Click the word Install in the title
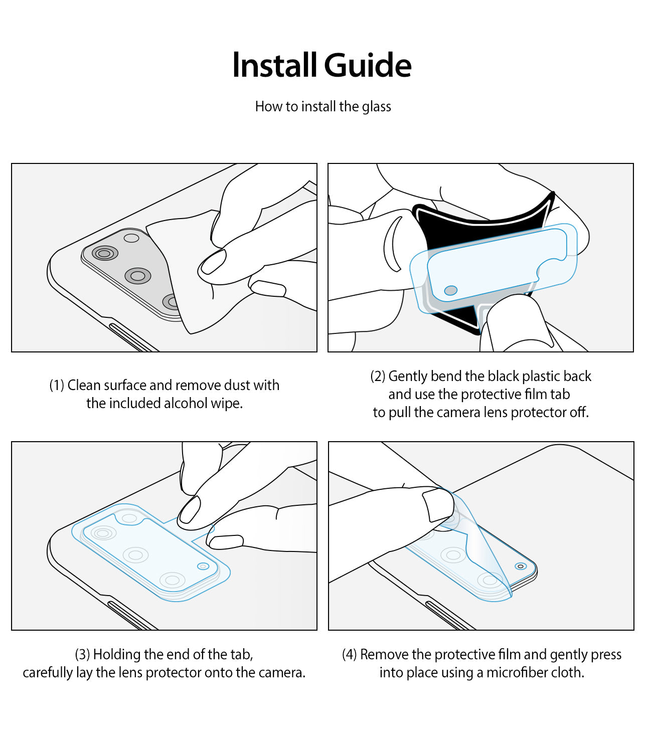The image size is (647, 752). click(275, 66)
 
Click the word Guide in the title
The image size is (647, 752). click(368, 66)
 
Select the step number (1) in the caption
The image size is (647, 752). click(57, 386)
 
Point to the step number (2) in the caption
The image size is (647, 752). click(378, 377)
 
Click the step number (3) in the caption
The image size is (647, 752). click(82, 655)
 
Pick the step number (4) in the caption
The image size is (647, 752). click(349, 655)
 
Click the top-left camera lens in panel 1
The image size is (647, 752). click(104, 253)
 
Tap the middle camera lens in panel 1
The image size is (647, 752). click(138, 275)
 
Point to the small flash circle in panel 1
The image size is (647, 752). click(131, 238)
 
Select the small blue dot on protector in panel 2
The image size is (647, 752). click(451, 291)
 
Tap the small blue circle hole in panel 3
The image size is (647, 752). click(203, 566)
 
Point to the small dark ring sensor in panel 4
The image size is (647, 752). click(521, 566)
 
